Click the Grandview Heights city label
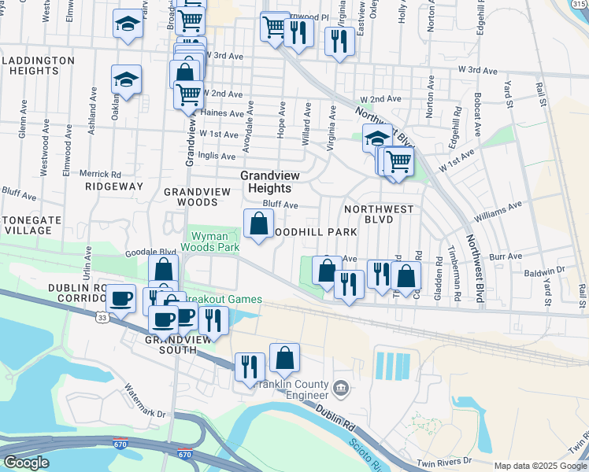point(265,182)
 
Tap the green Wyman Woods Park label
point(210,241)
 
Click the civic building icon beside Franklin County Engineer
point(340,388)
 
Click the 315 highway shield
point(581,4)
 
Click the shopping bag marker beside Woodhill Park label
point(259,224)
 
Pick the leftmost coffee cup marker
point(120,299)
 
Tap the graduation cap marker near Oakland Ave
point(126,79)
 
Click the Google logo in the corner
point(25,462)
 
